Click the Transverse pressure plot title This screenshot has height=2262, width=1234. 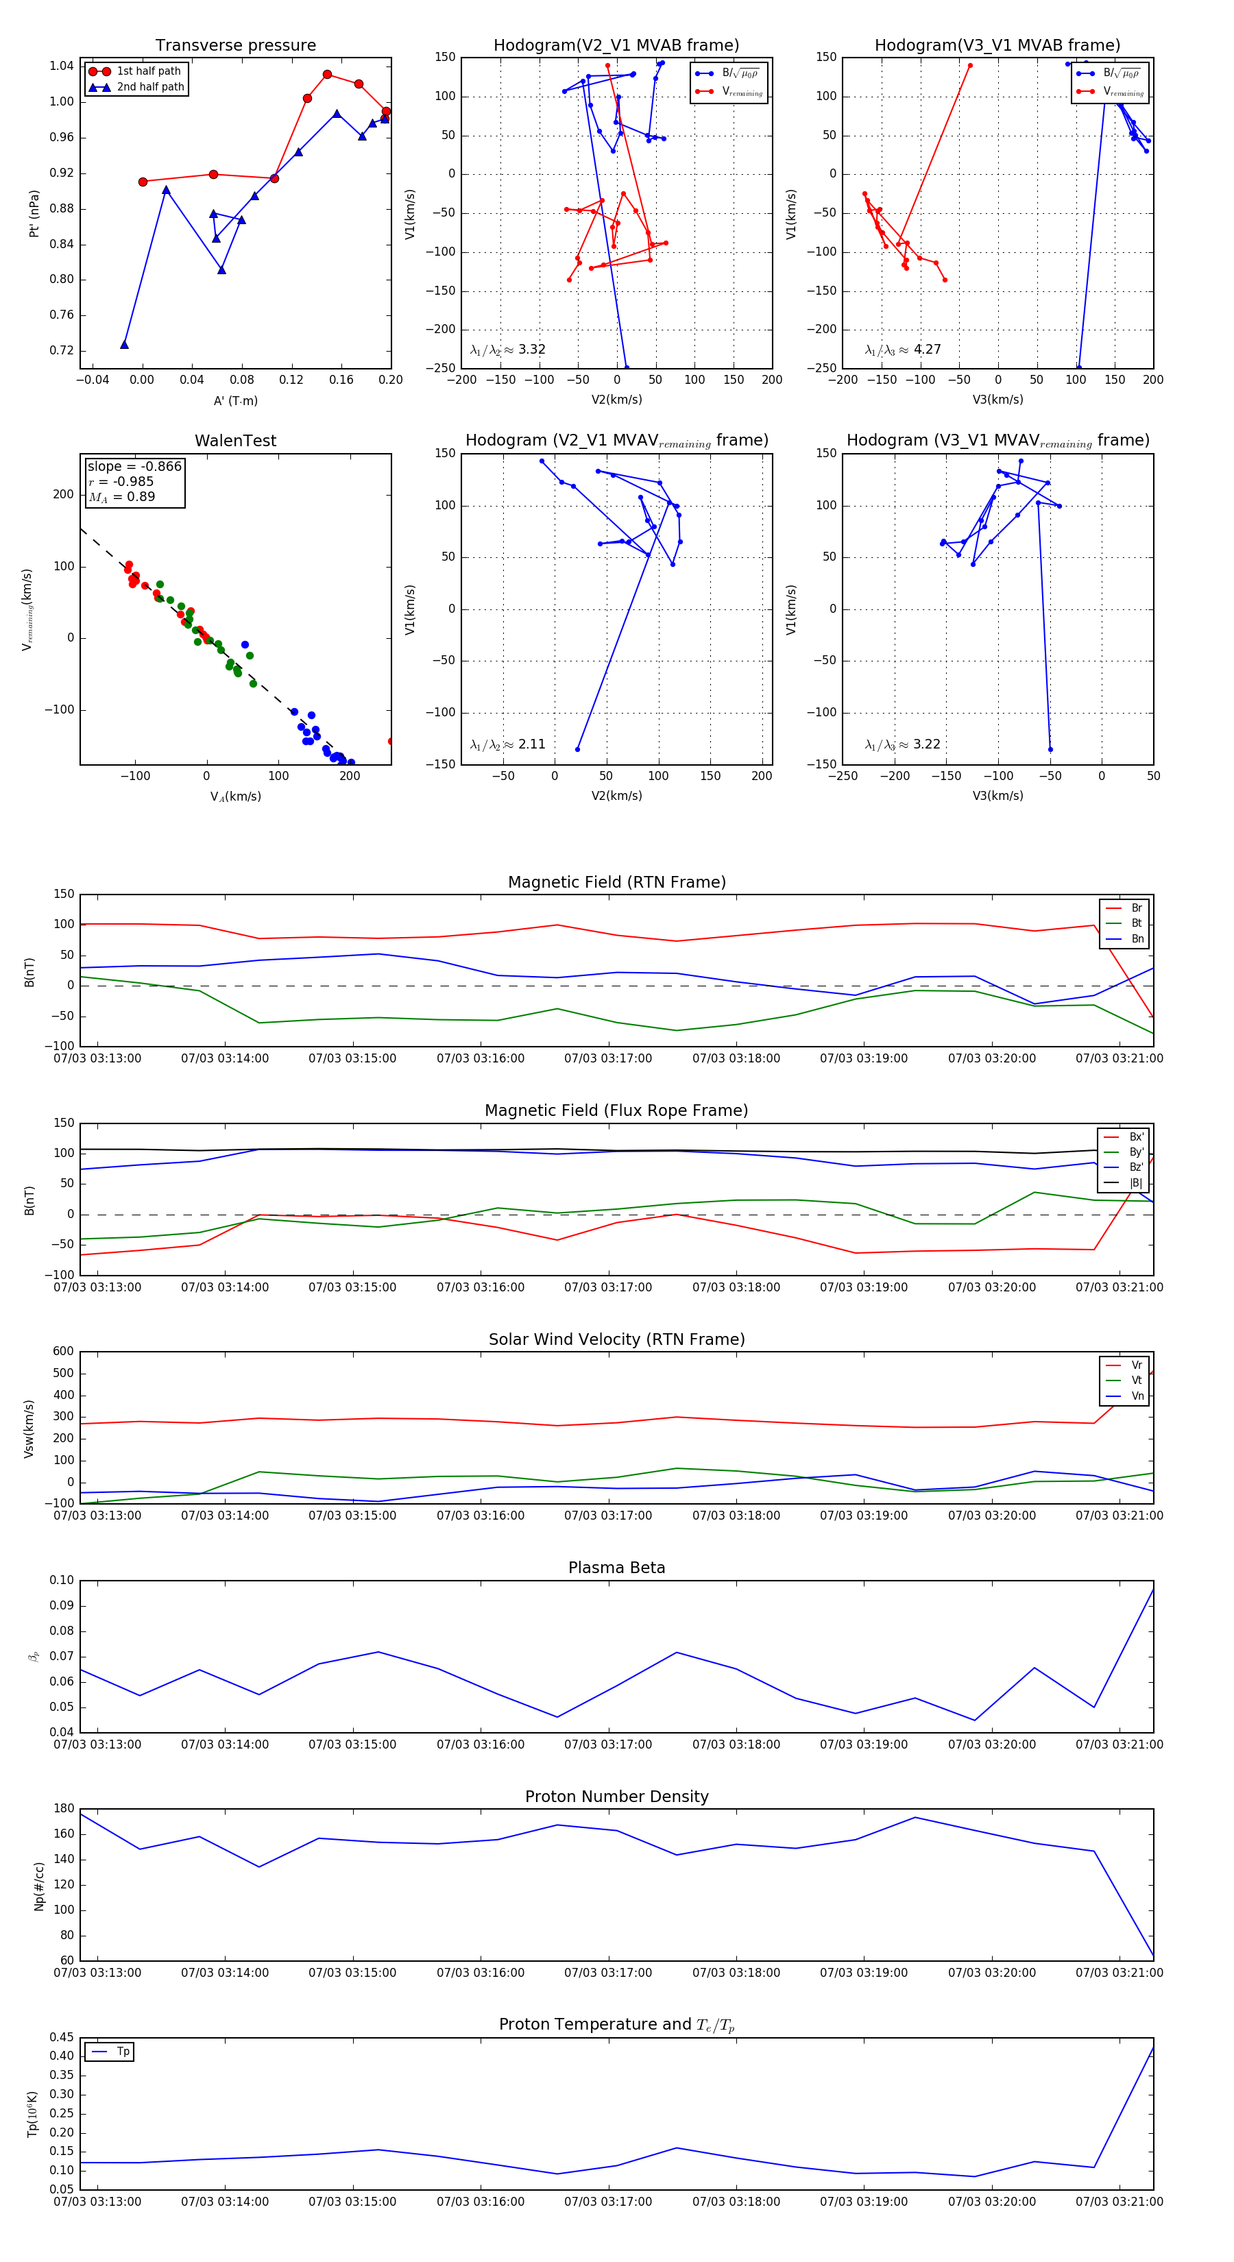(235, 46)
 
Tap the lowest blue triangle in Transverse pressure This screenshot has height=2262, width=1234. (124, 344)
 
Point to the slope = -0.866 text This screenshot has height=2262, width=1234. (134, 466)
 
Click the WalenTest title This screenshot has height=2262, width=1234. (235, 441)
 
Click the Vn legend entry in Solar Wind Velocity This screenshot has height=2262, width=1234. (1137, 1396)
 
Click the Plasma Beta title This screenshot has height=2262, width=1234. (616, 1568)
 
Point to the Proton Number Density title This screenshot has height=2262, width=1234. (616, 1797)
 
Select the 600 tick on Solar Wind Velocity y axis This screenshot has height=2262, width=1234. (63, 1352)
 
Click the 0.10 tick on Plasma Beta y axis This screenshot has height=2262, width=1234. (62, 1580)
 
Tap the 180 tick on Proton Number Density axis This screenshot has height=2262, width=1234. (63, 1809)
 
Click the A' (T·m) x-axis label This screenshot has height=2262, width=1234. (235, 400)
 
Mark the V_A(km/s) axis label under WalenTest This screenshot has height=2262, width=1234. (235, 796)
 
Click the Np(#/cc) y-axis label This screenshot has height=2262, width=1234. (38, 1886)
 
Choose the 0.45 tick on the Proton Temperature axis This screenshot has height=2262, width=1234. (62, 2037)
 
